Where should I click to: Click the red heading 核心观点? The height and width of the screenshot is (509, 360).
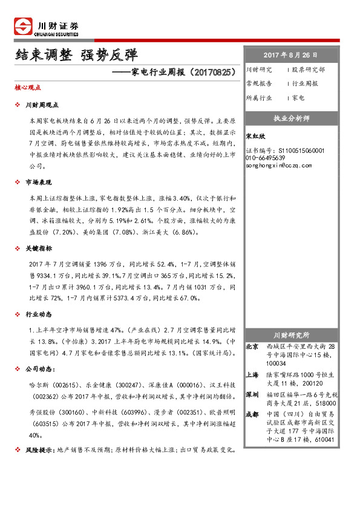[x=28, y=88]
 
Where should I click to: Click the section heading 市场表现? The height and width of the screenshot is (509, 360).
[x=40, y=182]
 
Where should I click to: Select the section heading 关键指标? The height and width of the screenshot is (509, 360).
[x=40, y=248]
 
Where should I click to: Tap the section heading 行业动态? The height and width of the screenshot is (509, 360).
[x=40, y=315]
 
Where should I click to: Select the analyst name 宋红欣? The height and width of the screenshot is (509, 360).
[x=256, y=137]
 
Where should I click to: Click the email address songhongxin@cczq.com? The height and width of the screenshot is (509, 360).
[x=279, y=165]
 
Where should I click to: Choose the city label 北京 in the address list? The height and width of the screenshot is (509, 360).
[x=252, y=347]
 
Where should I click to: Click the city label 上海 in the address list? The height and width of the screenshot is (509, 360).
[x=252, y=375]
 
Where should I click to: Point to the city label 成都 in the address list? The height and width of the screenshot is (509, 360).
[x=252, y=414]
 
